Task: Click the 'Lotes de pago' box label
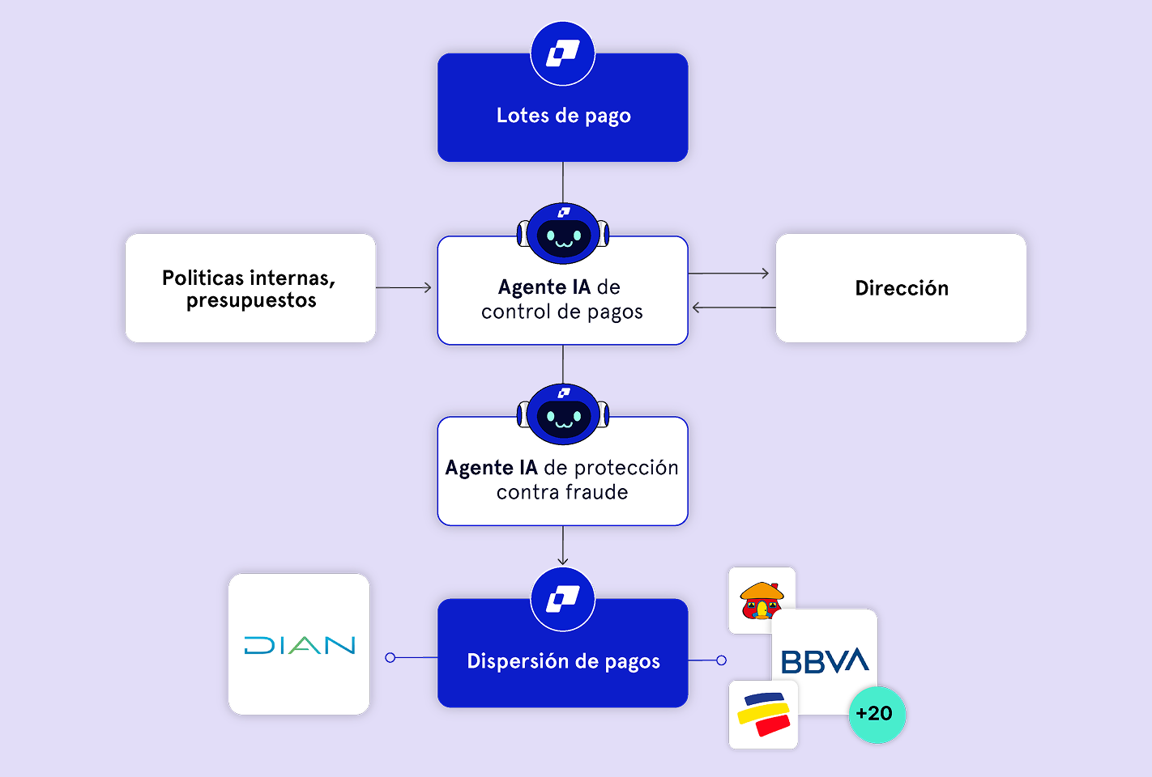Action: click(563, 116)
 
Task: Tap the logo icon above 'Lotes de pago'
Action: click(563, 53)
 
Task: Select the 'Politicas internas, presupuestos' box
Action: click(250, 288)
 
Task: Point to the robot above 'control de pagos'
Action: click(563, 233)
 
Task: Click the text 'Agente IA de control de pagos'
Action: click(561, 299)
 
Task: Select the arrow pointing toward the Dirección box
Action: click(729, 274)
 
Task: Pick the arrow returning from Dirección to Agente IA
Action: click(732, 308)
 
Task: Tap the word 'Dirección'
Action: click(902, 288)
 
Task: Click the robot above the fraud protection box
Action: click(563, 414)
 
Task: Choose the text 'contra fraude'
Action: click(562, 492)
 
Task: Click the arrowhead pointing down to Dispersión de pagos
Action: click(563, 559)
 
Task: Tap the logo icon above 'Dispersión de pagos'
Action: click(563, 600)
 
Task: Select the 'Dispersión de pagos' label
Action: click(563, 661)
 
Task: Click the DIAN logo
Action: click(299, 645)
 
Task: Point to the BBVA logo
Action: click(825, 661)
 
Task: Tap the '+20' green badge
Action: click(876, 714)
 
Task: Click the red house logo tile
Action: click(761, 601)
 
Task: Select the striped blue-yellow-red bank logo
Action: click(763, 715)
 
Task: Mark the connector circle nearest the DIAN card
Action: click(390, 658)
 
